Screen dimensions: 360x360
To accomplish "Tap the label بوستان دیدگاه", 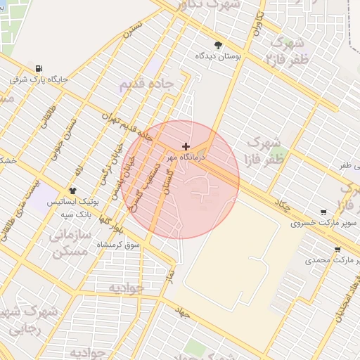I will coord(219,55).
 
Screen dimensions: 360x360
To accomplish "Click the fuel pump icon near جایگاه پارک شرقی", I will coord(38,68).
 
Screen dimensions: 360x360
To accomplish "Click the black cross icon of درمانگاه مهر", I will coord(186,147).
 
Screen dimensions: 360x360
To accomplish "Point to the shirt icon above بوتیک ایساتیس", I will coord(72,191).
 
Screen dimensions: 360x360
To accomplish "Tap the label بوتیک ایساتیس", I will coord(73,201).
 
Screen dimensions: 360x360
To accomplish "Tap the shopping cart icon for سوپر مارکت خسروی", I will coord(323,212).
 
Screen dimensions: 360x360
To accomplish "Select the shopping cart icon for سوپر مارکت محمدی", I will coord(337,249).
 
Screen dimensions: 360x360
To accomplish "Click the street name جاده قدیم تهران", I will coord(127,125).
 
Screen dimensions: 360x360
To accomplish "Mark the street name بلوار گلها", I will coord(114,225).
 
